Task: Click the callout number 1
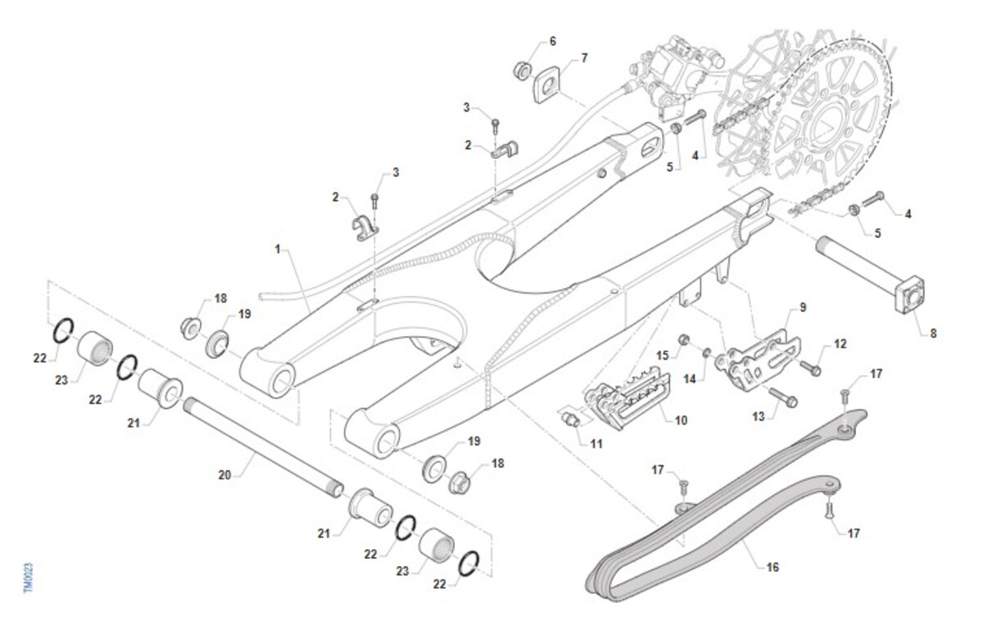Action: point(279,246)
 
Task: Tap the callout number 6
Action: point(552,40)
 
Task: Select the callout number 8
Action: point(933,333)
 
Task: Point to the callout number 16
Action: point(773,566)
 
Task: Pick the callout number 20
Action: point(225,474)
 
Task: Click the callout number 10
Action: point(681,420)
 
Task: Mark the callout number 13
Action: point(759,417)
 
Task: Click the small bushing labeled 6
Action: point(520,67)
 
